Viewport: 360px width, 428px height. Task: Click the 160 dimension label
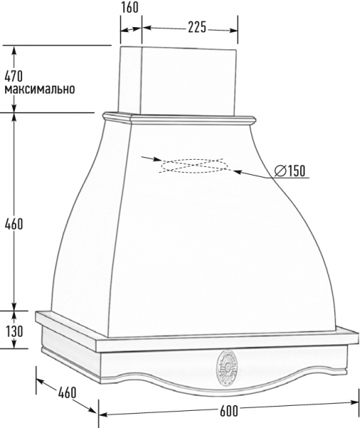coord(130,7)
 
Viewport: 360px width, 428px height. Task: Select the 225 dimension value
coord(197,27)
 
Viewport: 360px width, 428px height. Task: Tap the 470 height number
coord(14,76)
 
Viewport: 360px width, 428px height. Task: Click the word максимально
coord(39,89)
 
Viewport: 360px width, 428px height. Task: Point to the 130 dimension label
coord(15,331)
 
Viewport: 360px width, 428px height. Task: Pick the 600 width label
coord(229,411)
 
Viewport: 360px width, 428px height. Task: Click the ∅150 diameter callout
coord(290,171)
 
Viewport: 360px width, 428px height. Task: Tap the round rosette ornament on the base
coord(227,369)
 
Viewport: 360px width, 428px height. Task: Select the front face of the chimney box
coord(188,82)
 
